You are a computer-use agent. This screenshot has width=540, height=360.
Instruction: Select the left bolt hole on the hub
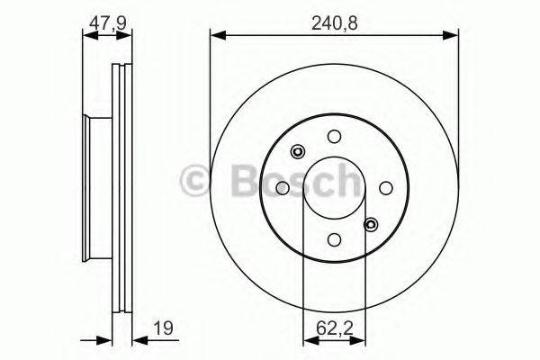click(283, 187)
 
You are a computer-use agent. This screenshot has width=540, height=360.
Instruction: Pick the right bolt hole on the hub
click(386, 187)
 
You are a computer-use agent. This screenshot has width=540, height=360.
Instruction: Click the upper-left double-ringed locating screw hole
click(298, 151)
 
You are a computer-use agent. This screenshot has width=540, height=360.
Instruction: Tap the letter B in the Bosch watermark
click(231, 181)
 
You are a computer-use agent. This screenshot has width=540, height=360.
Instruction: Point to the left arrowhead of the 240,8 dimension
click(217, 35)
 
